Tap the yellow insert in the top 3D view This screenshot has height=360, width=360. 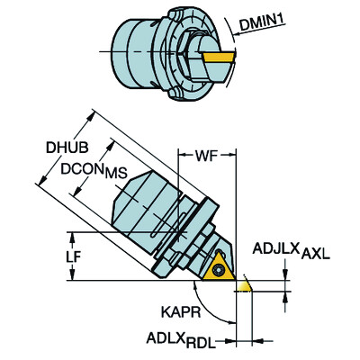[x=220, y=64]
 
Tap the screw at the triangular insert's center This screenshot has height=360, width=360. [x=219, y=265]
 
